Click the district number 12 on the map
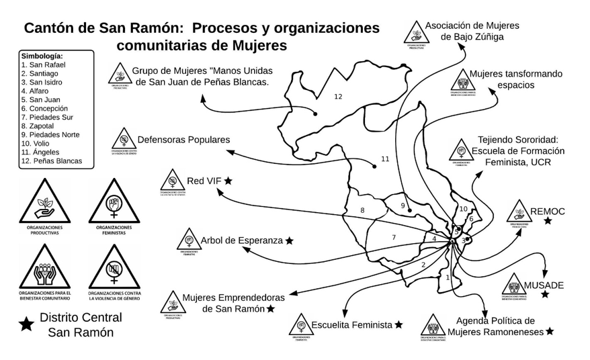point(338,97)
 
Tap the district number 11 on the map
point(385,159)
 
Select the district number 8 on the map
point(362,211)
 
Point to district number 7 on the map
point(394,238)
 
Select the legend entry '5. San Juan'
point(40,99)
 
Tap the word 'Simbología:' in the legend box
point(42,56)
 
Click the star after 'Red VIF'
point(228,181)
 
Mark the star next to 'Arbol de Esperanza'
point(290,240)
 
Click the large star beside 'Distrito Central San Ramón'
point(26,324)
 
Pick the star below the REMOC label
point(548,221)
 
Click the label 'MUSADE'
point(544,285)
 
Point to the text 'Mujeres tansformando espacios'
point(515,79)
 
